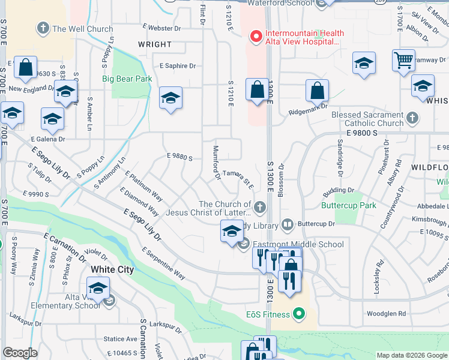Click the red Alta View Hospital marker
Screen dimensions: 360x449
click(256, 37)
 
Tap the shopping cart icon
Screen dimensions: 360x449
click(403, 61)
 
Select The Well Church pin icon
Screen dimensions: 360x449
click(43, 28)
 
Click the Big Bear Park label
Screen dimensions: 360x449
click(127, 79)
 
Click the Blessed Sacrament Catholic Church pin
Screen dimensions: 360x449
click(412, 118)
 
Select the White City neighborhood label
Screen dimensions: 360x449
click(112, 269)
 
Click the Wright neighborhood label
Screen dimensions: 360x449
click(154, 44)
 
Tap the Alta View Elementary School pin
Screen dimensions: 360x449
click(109, 300)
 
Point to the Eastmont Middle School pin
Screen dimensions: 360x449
click(244, 244)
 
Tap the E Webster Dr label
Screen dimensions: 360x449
click(160, 28)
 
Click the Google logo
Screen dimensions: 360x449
click(20, 352)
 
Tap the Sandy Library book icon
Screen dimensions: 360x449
click(288, 226)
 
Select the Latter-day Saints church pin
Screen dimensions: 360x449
click(259, 208)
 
